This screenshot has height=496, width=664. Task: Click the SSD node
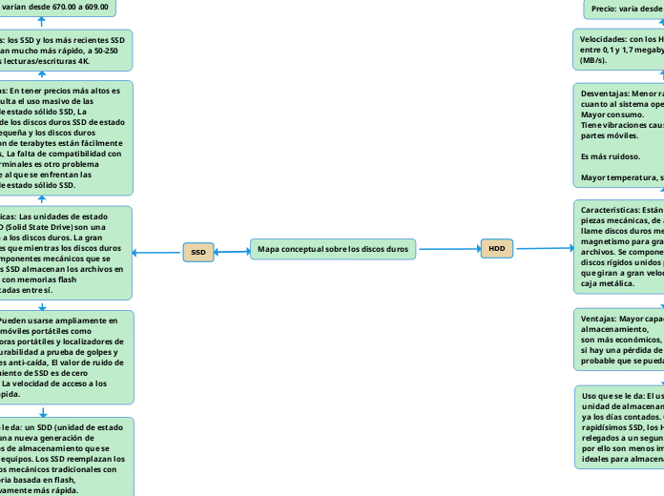tap(198, 252)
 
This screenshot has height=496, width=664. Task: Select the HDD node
tap(496, 248)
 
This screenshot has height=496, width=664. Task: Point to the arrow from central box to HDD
tap(448, 249)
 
